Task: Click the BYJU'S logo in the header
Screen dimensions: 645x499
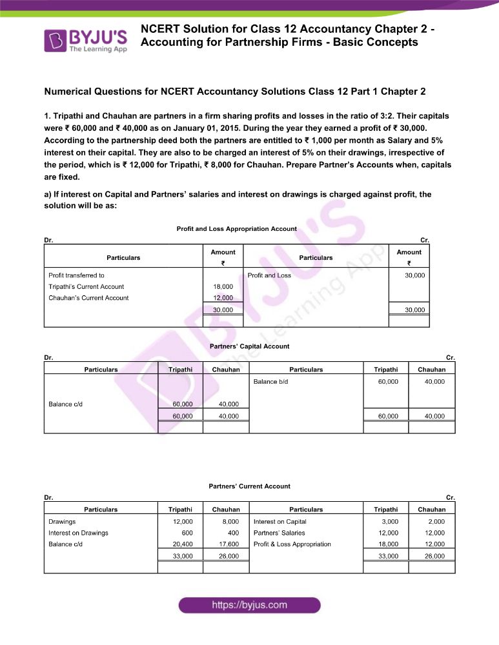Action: (x=85, y=40)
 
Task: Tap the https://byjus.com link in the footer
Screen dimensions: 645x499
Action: (x=249, y=605)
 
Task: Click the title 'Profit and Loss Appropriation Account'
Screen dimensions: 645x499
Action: (x=236, y=229)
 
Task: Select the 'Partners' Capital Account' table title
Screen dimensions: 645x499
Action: (x=249, y=346)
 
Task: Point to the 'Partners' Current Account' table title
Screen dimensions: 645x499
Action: (x=249, y=486)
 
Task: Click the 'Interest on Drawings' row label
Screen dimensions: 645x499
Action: (x=78, y=533)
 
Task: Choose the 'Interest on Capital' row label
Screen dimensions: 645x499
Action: (x=280, y=521)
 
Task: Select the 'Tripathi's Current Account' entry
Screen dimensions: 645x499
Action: (x=87, y=286)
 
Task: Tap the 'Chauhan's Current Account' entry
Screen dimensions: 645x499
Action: (x=88, y=298)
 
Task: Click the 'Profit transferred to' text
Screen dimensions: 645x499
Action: (x=76, y=275)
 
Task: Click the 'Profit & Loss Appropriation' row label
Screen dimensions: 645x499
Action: (x=292, y=544)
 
